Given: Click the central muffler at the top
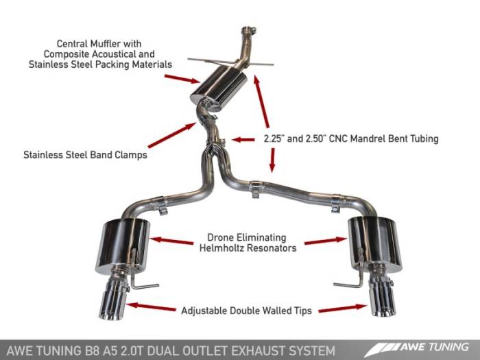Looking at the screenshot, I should click(x=219, y=90).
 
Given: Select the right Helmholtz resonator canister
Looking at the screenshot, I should click(x=374, y=243).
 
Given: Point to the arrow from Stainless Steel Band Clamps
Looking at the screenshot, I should click(x=171, y=135).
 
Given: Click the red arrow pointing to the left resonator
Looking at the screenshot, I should click(x=171, y=241).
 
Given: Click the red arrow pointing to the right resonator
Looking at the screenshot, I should click(x=325, y=241).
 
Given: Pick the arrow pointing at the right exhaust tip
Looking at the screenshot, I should click(x=340, y=309).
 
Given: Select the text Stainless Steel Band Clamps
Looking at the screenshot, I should click(x=84, y=155).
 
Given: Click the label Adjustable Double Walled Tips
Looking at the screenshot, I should click(x=247, y=311).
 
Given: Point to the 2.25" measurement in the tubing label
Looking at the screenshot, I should click(x=274, y=139).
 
